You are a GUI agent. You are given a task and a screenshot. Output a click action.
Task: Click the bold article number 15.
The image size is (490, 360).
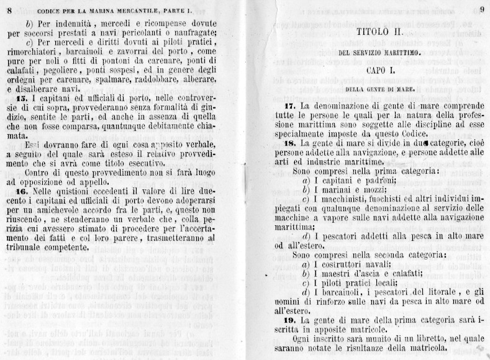21,98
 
